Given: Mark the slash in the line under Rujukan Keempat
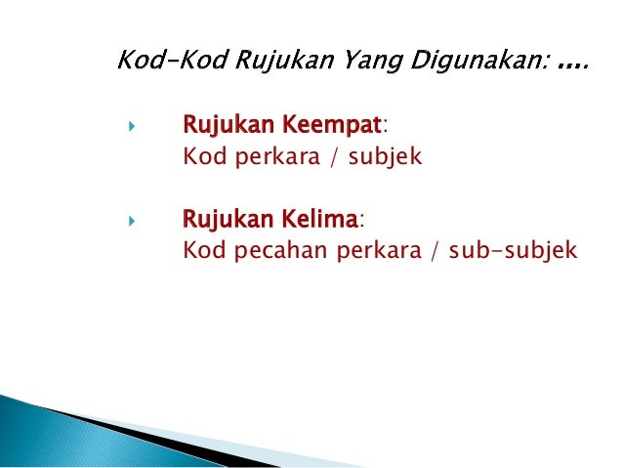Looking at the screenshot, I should [332, 155].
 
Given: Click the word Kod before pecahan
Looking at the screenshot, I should [201, 251].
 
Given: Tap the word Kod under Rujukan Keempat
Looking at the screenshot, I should [201, 155].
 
